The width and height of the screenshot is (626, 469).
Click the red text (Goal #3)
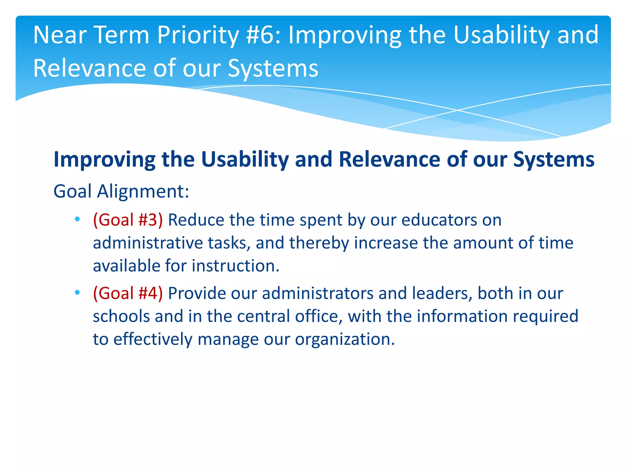128,220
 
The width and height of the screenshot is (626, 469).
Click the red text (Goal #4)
128,293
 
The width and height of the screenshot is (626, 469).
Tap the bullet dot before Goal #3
77,219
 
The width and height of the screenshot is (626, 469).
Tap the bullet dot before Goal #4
77,293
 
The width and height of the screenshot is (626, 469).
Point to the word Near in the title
60,35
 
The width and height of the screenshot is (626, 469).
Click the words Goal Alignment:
121,191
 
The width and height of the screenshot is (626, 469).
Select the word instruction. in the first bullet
235,266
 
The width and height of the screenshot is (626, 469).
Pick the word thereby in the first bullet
319,243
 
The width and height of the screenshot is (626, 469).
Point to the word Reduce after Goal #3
196,220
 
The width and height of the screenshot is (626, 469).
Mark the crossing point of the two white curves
458,110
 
